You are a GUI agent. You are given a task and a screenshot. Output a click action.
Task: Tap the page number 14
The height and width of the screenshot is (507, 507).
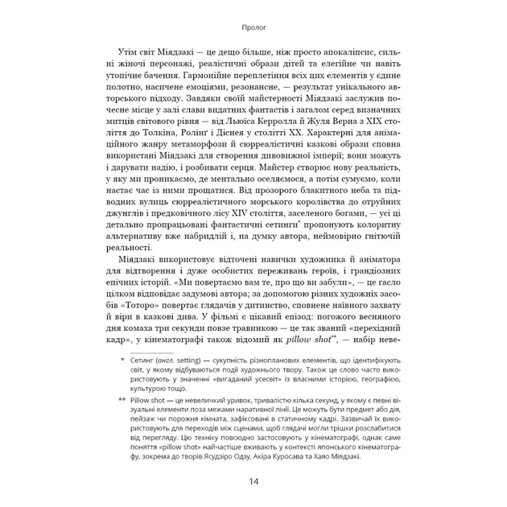253,481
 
